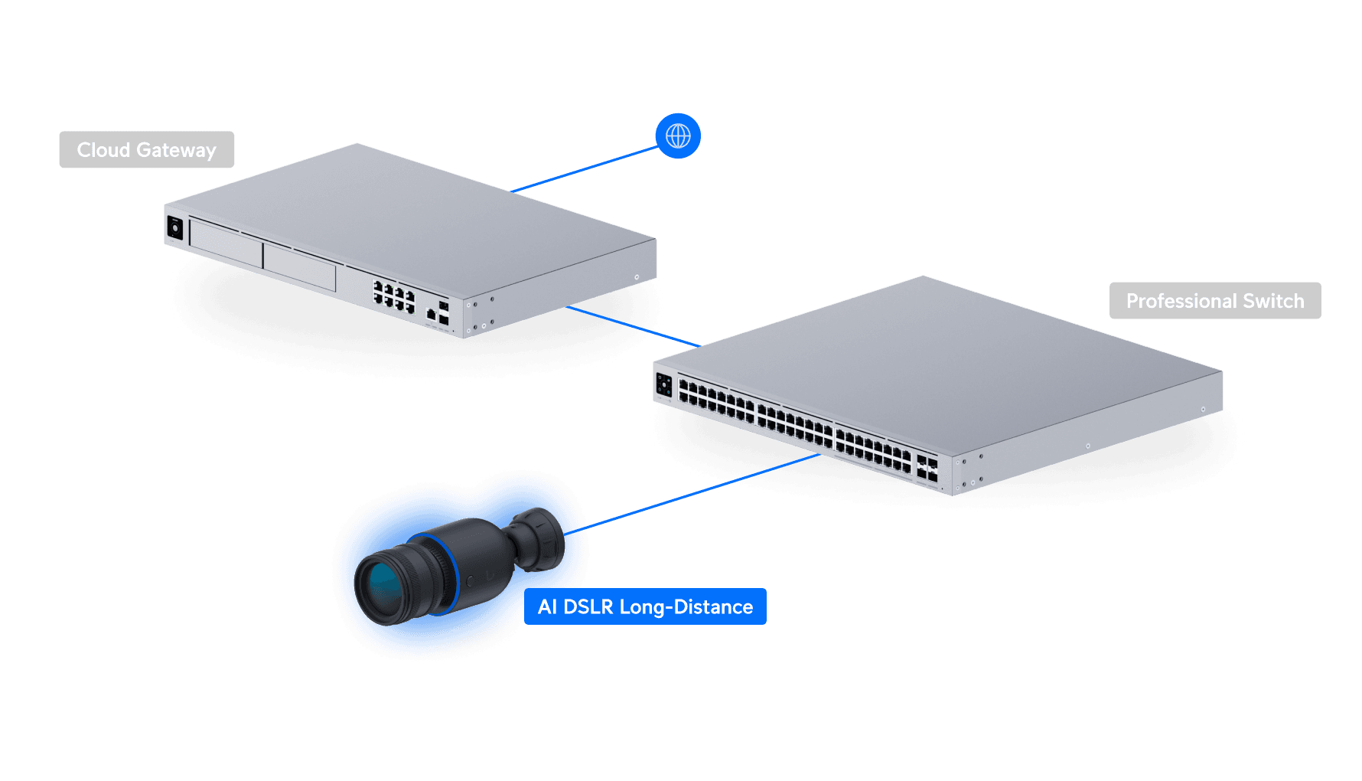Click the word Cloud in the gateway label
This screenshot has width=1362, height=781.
103,150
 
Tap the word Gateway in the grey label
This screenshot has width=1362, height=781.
176,150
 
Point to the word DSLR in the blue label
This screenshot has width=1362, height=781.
588,606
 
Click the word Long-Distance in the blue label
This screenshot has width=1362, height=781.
686,606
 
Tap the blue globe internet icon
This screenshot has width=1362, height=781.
678,136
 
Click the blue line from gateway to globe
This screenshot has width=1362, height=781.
585,169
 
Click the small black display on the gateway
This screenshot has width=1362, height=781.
174,227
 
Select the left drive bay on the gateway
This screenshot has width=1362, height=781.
226,244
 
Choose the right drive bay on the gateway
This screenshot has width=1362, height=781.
299,267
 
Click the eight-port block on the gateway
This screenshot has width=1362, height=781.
393,296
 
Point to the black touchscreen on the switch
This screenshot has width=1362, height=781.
663,385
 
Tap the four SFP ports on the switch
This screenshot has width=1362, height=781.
927,469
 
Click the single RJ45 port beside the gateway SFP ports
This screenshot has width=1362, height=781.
431,314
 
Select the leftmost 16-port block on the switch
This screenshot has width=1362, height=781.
716,402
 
